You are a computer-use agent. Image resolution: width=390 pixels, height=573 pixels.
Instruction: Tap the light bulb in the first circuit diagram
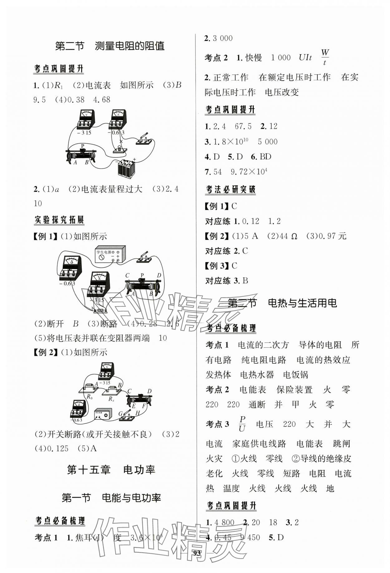coord(120,149)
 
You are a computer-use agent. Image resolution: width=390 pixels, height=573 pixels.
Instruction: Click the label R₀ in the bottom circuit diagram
coord(90,397)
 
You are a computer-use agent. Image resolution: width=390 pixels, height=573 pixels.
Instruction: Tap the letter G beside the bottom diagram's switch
coord(121,414)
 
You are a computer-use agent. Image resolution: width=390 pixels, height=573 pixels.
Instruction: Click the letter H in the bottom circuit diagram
coord(138,413)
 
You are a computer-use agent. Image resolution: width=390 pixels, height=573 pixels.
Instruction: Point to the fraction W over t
coord(325,57)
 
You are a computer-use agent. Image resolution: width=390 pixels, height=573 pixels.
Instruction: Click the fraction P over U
coord(242,424)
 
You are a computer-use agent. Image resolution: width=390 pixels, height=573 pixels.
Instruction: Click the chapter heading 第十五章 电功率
coord(111,470)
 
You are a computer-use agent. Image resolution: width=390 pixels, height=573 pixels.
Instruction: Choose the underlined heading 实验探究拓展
coord(59,220)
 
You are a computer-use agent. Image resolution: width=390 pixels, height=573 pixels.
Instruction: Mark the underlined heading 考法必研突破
coord(231,189)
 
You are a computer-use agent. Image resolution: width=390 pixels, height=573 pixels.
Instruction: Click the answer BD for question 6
coord(265,156)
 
